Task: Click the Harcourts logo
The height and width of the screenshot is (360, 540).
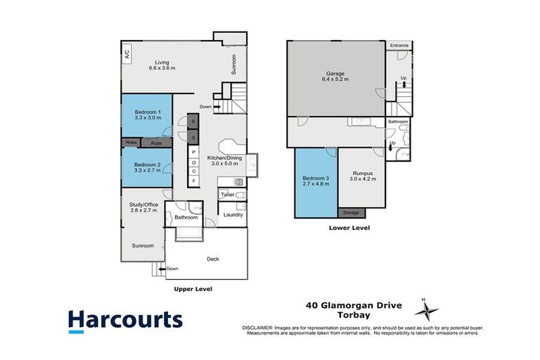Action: (x=125, y=320)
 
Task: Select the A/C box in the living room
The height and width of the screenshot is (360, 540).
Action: (x=127, y=53)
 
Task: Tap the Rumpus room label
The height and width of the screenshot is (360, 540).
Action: (x=363, y=174)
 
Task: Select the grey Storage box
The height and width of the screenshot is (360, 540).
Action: (x=352, y=212)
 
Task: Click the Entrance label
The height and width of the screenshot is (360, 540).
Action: (x=399, y=45)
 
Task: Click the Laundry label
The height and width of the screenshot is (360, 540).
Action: (x=233, y=214)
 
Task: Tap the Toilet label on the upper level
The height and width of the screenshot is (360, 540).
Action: (x=227, y=194)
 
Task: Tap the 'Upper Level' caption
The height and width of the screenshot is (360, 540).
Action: (x=193, y=289)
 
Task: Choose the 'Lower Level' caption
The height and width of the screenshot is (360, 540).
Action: (x=349, y=228)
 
